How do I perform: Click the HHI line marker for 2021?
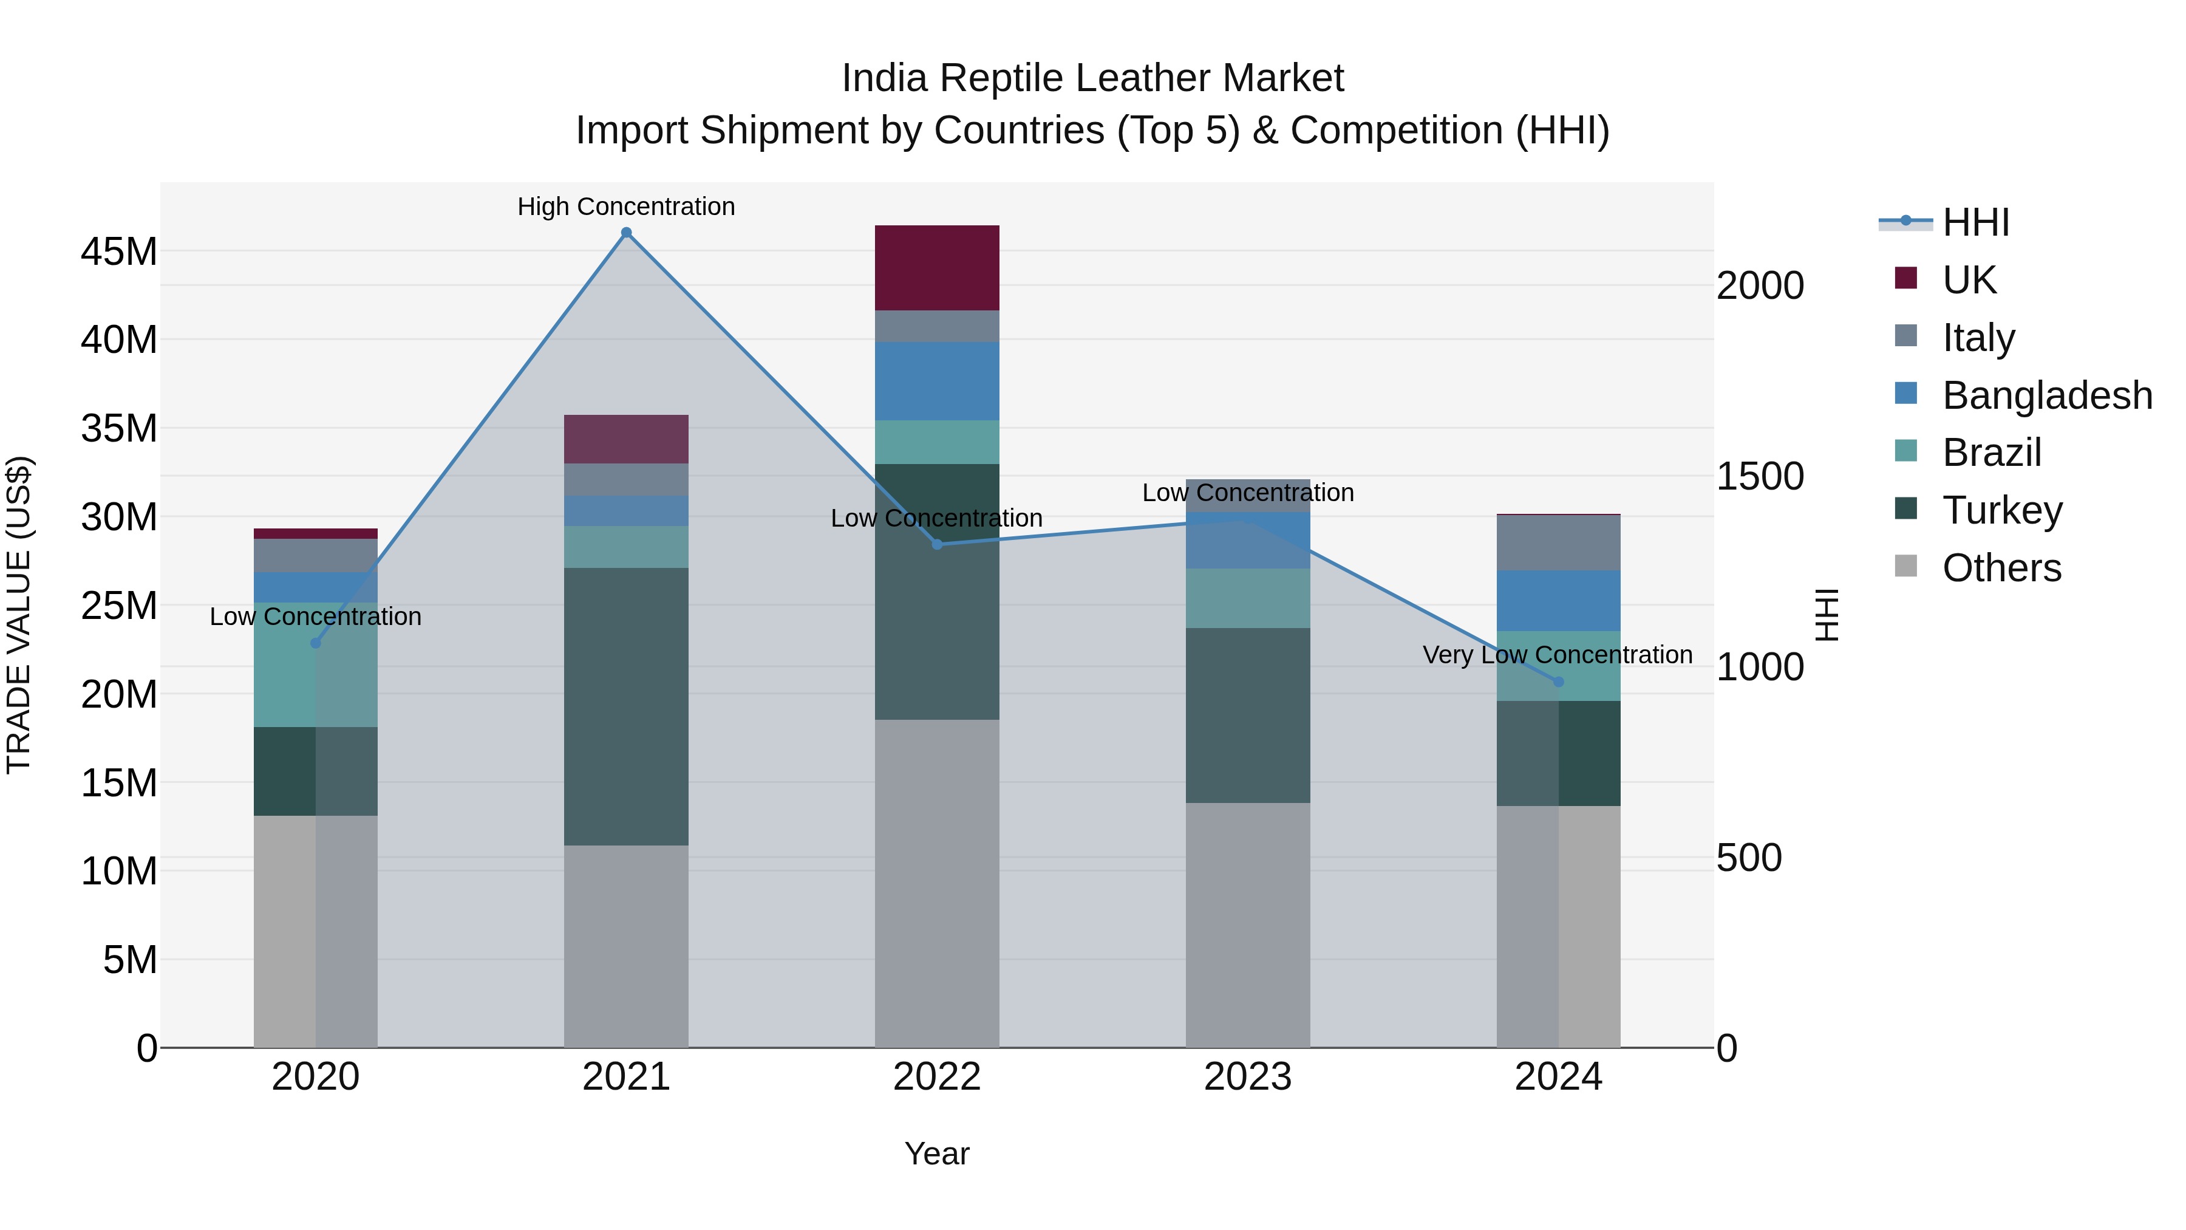click(626, 233)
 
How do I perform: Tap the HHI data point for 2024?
click(1558, 682)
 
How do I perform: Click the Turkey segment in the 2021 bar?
click(626, 706)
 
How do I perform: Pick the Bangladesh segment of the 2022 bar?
click(937, 381)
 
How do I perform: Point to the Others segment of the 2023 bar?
click(1247, 925)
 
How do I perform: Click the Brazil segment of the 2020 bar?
click(316, 665)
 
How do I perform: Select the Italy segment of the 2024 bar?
click(1558, 543)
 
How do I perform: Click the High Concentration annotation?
click(626, 207)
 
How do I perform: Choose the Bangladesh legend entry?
click(2047, 395)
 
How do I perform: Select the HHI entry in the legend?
click(1975, 222)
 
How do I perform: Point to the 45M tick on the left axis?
click(119, 252)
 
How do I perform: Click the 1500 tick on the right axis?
click(1760, 476)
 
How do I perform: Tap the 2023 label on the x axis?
click(1247, 1077)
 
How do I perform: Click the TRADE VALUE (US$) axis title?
click(19, 615)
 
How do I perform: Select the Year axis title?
click(937, 1153)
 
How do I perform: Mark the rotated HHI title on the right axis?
click(1825, 615)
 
